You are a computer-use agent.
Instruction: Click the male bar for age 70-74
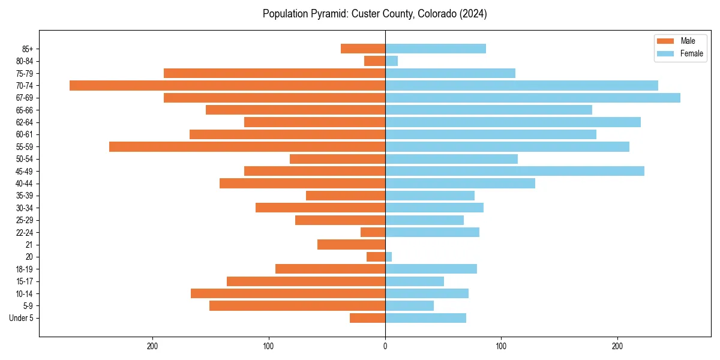[227, 85]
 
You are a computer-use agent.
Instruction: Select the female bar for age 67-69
[533, 98]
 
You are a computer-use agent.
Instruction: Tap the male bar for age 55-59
[247, 146]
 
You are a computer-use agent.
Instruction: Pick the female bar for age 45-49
[515, 171]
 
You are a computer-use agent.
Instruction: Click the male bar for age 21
[351, 244]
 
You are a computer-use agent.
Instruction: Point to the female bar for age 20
[389, 257]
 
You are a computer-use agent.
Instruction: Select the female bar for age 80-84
[392, 61]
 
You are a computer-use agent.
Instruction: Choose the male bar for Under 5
[367, 318]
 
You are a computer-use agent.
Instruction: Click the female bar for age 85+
[436, 49]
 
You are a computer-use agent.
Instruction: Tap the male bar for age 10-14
[288, 293]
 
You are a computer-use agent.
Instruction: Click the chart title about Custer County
[374, 14]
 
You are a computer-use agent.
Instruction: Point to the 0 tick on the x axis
[385, 346]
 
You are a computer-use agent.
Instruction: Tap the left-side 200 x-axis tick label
[152, 346]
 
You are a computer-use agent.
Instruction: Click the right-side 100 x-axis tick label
[501, 346]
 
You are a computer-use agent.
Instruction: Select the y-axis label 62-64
[25, 122]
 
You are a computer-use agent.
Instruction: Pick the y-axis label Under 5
[22, 318]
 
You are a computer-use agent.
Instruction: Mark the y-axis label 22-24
[25, 232]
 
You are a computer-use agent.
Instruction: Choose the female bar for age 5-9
[409, 305]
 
